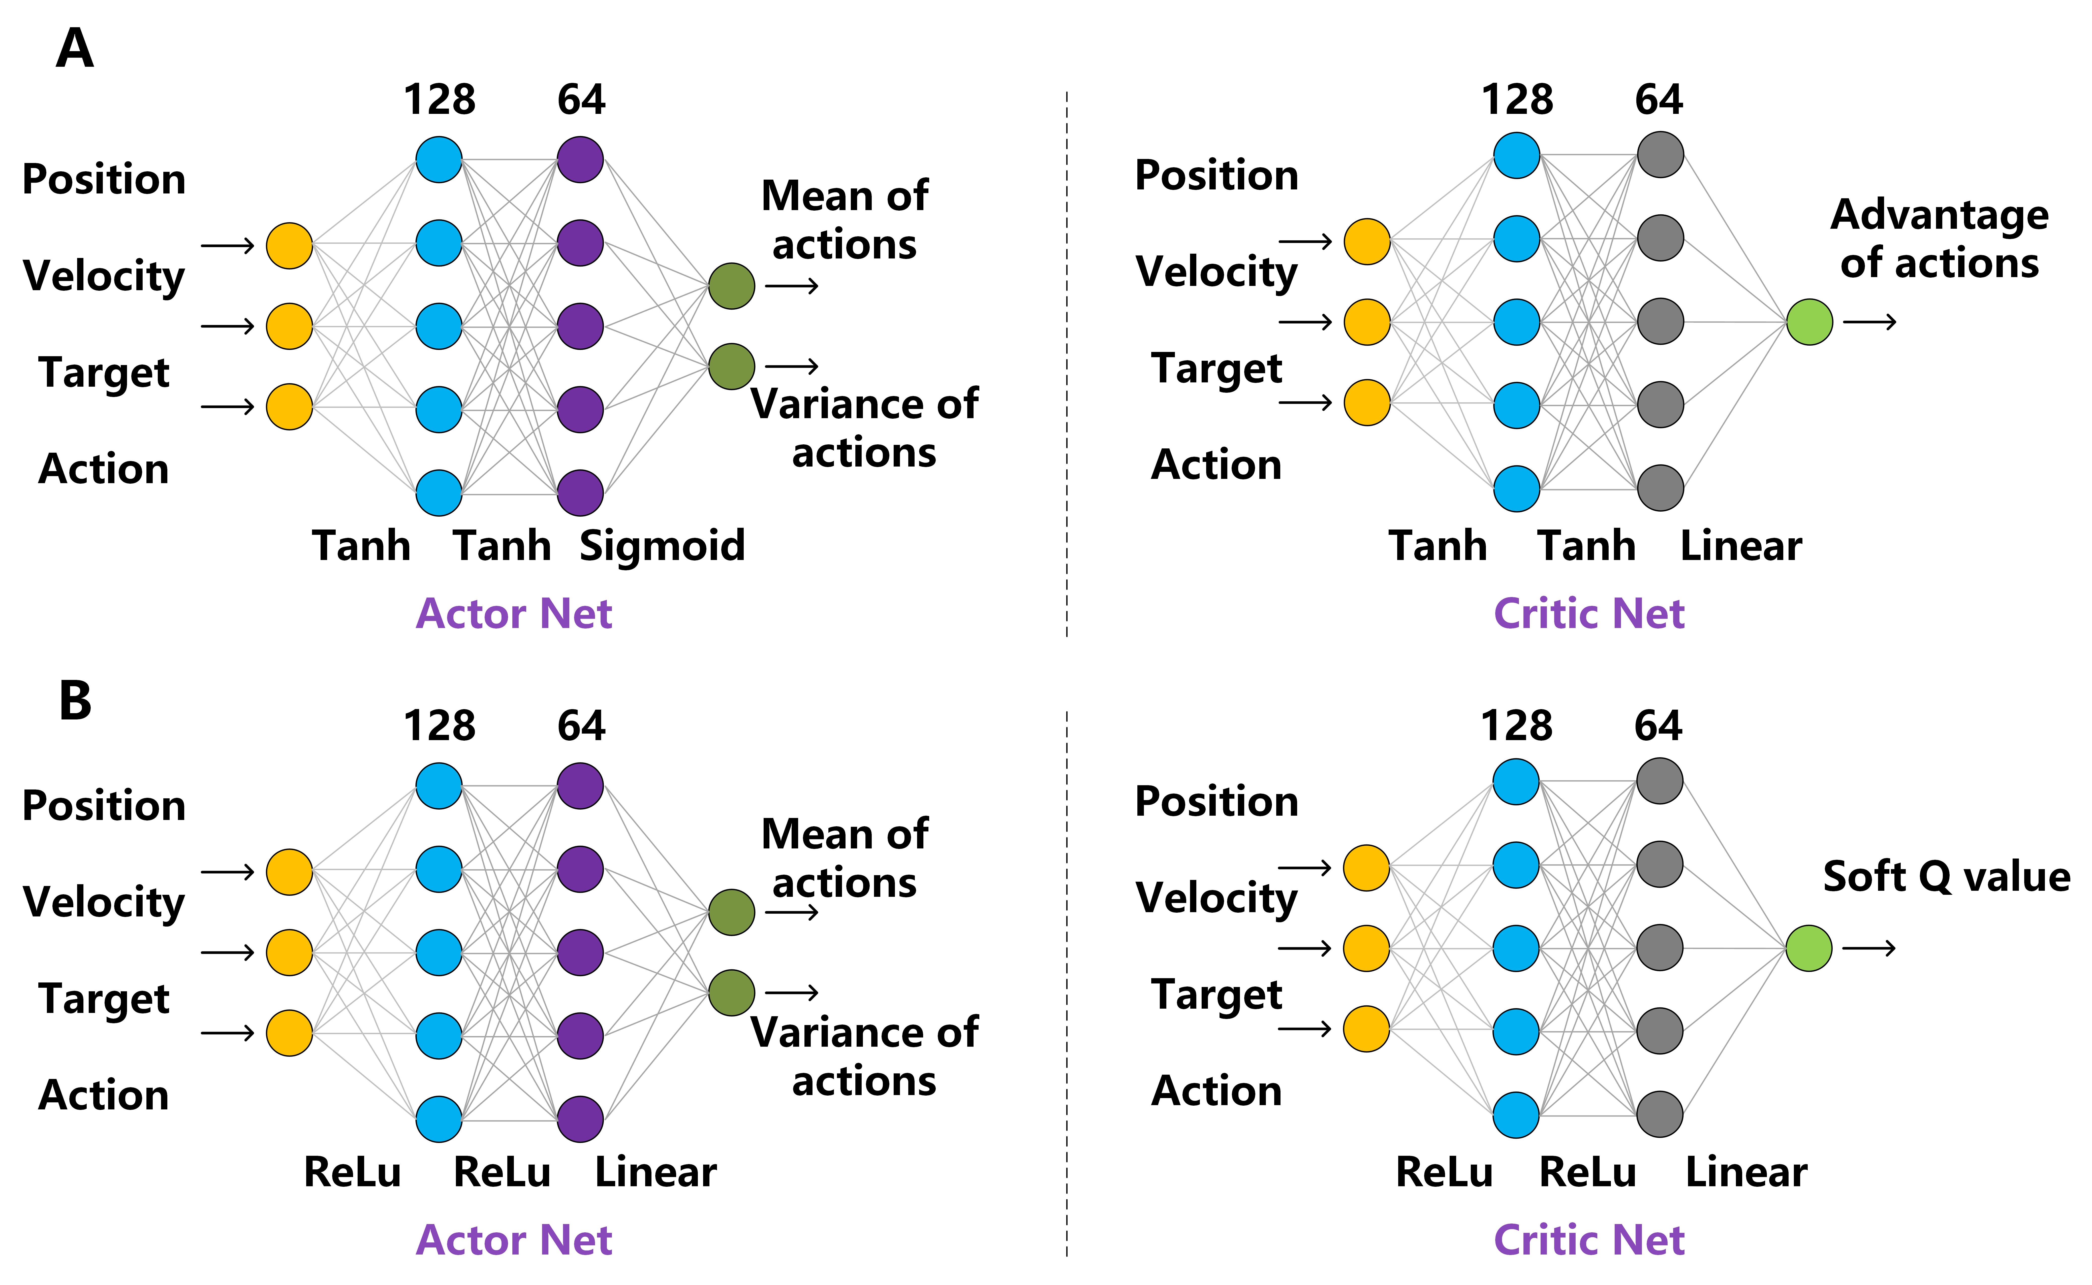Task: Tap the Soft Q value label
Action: [1946, 876]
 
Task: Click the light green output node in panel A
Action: [1809, 322]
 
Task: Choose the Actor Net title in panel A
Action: [513, 614]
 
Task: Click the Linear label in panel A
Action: [1740, 546]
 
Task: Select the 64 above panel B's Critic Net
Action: [1658, 726]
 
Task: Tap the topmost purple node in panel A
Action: [580, 159]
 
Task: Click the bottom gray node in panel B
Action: [1659, 1114]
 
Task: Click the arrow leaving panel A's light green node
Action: [1869, 322]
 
